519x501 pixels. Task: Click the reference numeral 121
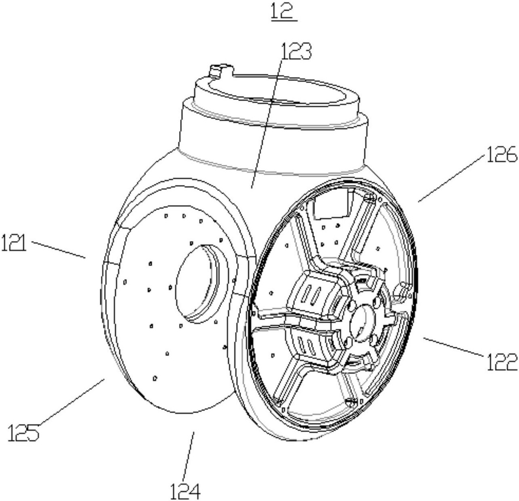(14, 242)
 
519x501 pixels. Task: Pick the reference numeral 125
(23, 432)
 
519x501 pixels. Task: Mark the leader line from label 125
(72, 402)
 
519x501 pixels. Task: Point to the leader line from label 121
(58, 249)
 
